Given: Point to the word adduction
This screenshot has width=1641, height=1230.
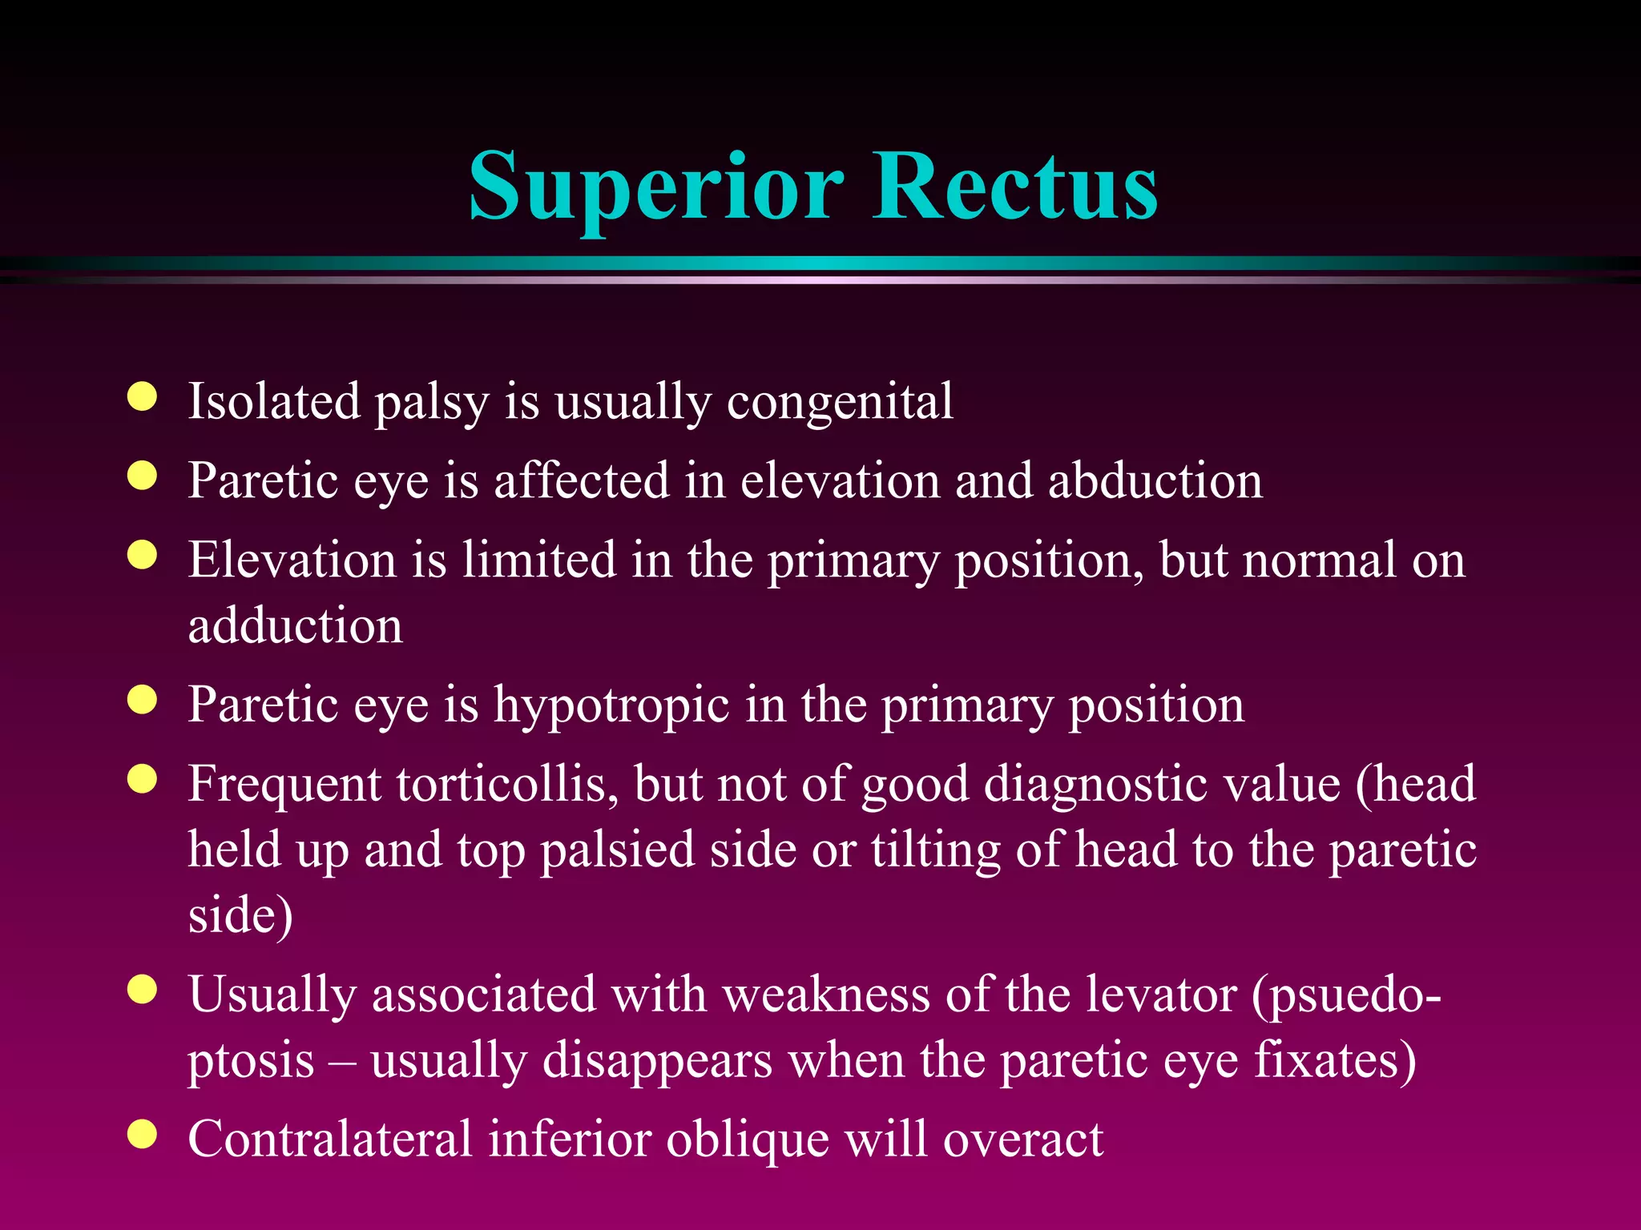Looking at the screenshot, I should (295, 625).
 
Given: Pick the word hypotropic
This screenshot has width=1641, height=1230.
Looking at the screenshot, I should (611, 705).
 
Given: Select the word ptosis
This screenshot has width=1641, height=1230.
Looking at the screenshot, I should (251, 1062).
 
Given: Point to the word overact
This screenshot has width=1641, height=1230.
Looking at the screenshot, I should (1023, 1139).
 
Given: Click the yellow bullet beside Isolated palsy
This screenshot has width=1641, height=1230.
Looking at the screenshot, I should (143, 397).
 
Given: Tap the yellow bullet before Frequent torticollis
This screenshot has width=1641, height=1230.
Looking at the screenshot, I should (143, 779).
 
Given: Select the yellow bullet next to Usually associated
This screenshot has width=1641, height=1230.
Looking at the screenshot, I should (143, 991).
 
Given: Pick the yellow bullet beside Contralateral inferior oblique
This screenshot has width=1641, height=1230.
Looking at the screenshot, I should (143, 1135).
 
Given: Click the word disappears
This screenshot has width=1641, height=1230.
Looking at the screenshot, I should (657, 1062).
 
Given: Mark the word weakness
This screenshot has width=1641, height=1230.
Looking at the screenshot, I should (826, 995).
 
